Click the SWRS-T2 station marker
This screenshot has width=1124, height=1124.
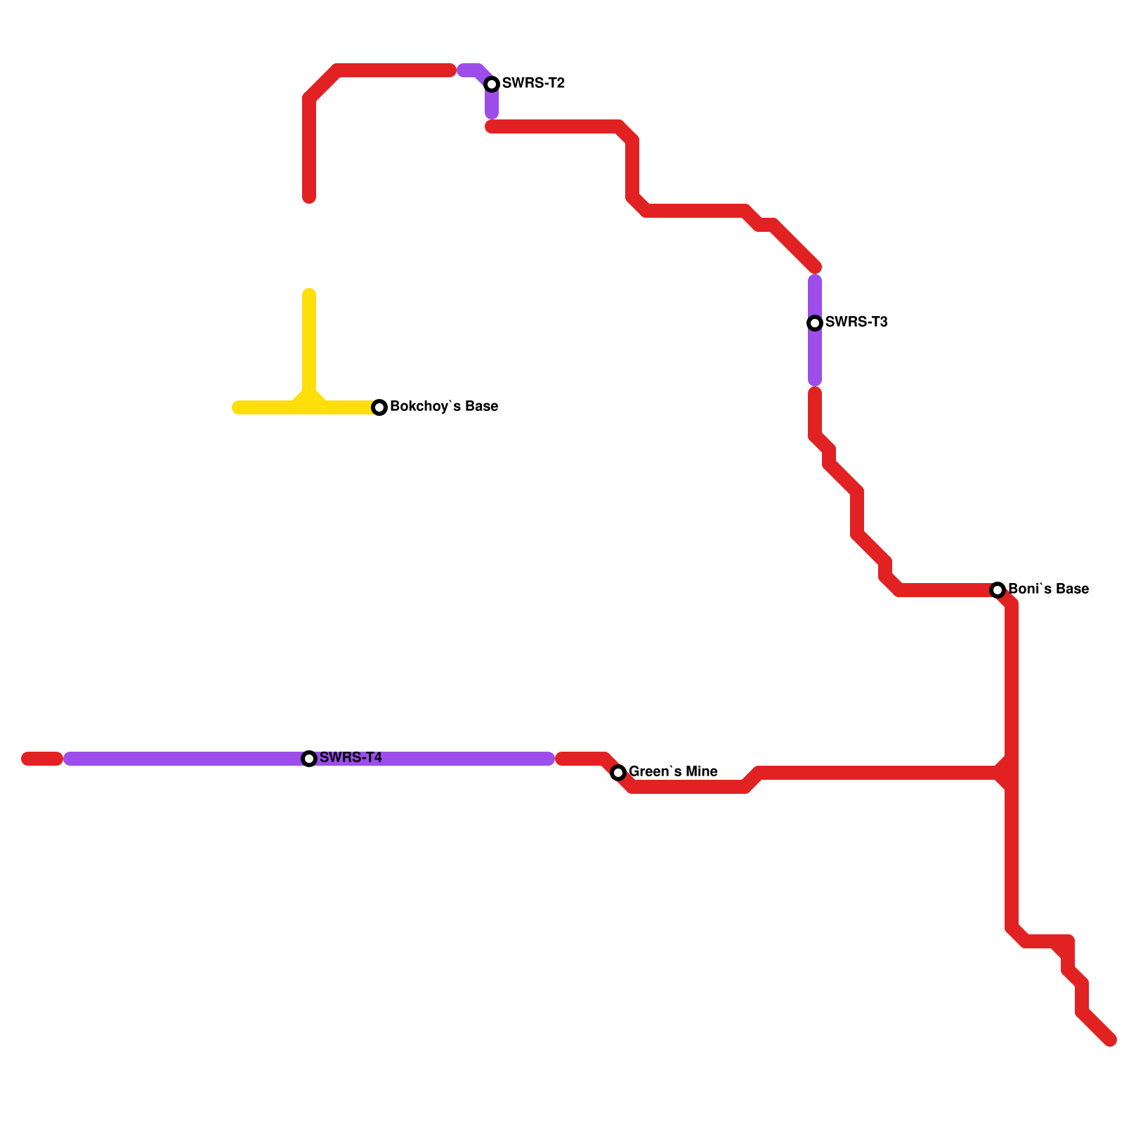coord(492,84)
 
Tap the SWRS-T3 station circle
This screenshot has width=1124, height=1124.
coord(815,323)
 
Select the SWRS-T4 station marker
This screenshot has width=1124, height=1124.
coord(309,759)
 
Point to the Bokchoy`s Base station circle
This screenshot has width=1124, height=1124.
coord(379,407)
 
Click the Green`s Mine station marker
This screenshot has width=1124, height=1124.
coord(618,773)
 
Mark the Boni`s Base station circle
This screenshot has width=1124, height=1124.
coord(998,590)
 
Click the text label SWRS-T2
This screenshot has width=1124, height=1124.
coord(533,84)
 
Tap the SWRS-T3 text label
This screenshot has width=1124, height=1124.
coord(856,322)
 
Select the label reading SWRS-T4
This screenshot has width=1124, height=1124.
coord(351,757)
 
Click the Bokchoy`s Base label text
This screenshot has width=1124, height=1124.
coord(444,407)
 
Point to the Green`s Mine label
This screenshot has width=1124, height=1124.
coord(673,772)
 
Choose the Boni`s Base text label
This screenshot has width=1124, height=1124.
coord(1048,589)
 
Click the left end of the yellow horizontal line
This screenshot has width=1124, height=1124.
coord(237,407)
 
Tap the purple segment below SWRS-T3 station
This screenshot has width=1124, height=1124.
coord(815,358)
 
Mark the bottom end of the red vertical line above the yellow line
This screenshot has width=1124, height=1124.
coord(309,198)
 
